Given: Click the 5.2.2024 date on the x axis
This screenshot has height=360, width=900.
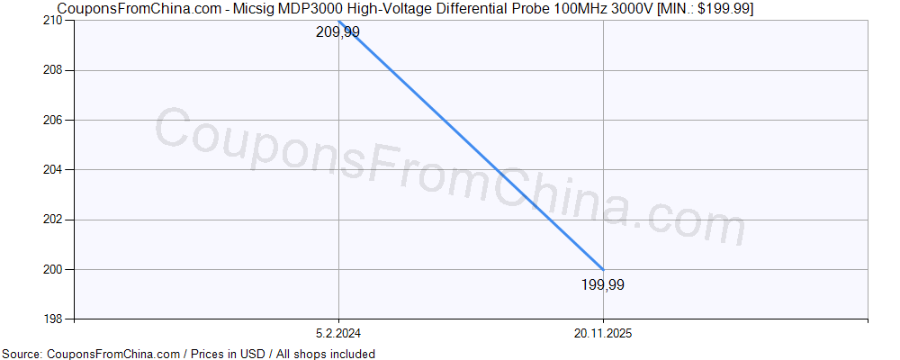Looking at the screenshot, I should coord(338,332).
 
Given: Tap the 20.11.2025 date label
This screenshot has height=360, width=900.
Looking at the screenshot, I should coord(603,332).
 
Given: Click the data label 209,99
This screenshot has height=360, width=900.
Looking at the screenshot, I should coord(337,32).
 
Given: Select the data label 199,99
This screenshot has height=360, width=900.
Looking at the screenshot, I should coord(603,285).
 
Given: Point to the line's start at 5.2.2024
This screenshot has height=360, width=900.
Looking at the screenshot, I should coord(338,21).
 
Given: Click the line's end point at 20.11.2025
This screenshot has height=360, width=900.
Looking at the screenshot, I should coord(603,269).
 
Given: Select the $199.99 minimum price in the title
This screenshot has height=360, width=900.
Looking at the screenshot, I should coord(721,9).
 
